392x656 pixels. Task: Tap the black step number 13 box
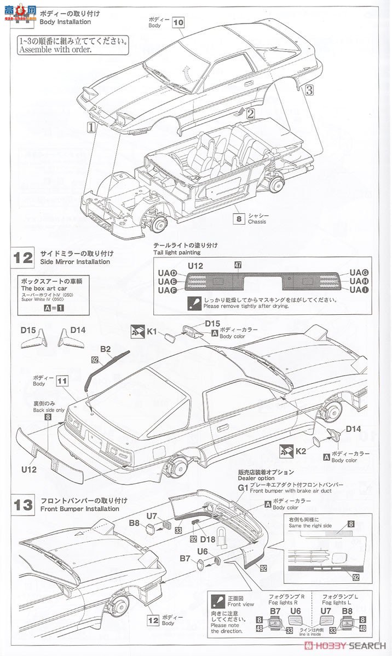point(24,503)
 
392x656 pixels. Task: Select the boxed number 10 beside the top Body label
point(178,22)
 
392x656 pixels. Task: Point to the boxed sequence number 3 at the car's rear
point(309,89)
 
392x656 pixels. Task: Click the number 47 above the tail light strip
point(238,265)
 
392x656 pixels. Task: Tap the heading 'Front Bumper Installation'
point(79,509)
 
